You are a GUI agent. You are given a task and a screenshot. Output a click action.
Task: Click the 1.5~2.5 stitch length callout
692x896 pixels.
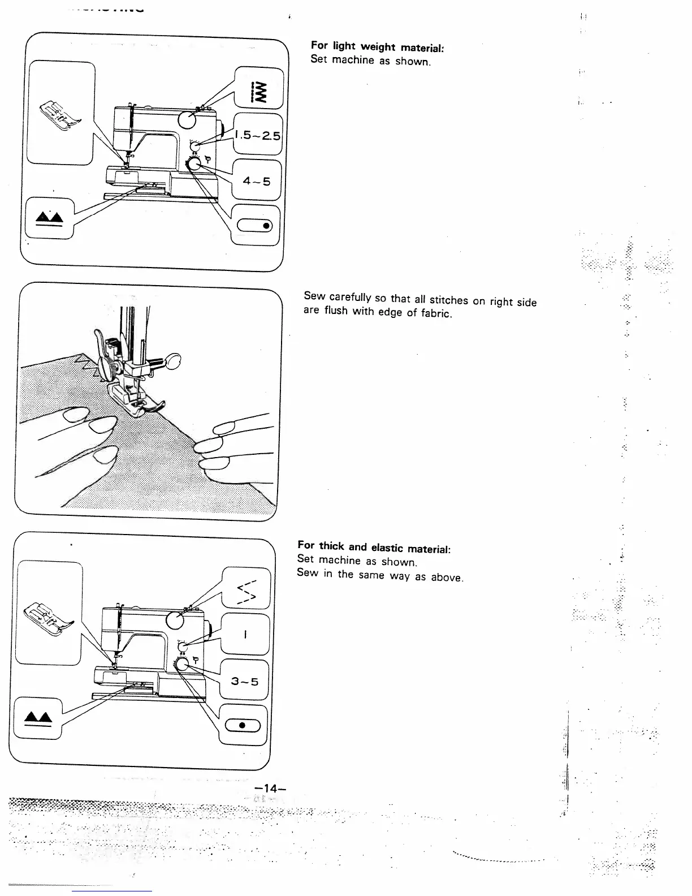(x=257, y=135)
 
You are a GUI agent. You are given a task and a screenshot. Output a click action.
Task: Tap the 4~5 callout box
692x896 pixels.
(x=257, y=181)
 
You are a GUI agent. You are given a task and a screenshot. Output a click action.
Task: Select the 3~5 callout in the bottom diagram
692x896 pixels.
(x=244, y=681)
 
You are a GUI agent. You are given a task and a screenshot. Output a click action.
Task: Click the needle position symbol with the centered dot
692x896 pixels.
(x=242, y=725)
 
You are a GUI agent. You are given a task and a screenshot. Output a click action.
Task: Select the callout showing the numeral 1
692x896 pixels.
(x=245, y=634)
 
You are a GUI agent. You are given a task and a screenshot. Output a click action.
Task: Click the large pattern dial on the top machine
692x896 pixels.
(x=187, y=119)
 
